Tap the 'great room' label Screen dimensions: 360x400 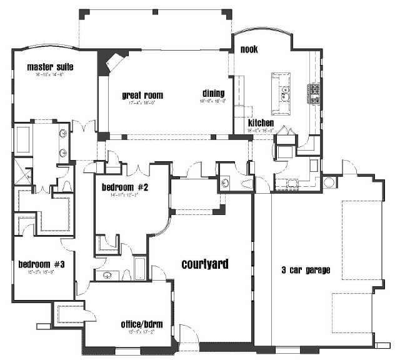pyautogui.click(x=142, y=96)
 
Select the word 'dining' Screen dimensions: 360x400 pyautogui.click(x=213, y=93)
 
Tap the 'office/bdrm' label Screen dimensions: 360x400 pyautogui.click(x=142, y=324)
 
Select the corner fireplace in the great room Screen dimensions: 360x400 pyautogui.click(x=112, y=62)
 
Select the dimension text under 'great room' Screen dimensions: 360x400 pyautogui.click(x=142, y=103)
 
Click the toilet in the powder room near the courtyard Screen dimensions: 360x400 pyautogui.click(x=226, y=183)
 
